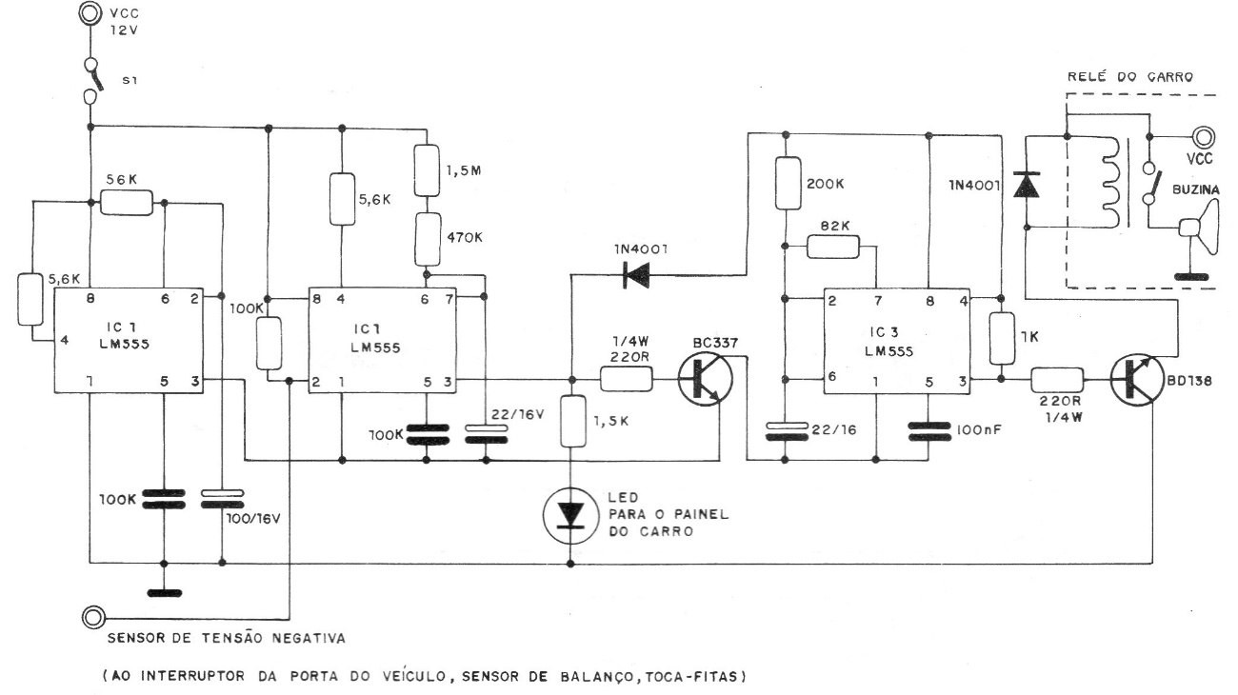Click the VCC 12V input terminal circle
pos(90,13)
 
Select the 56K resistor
pos(127,202)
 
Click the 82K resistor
pos(834,248)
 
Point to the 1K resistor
pos(1001,339)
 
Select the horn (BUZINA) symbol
pos(1196,228)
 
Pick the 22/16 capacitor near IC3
pos(786,431)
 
